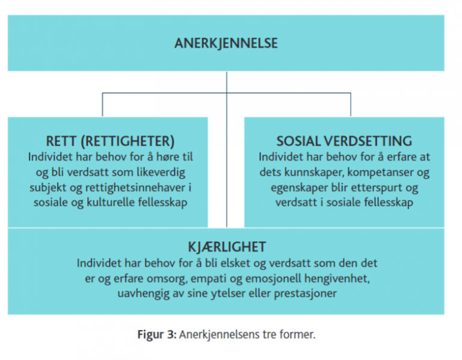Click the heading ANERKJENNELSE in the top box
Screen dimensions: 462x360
click(x=226, y=43)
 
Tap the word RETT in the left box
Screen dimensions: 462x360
click(x=61, y=141)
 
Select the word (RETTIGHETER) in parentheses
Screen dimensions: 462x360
click(x=128, y=141)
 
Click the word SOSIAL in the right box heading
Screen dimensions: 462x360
click(x=298, y=141)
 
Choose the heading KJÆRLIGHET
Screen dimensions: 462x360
click(x=227, y=246)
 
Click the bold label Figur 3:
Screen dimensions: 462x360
click(x=157, y=335)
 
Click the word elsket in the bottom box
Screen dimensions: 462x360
click(x=235, y=262)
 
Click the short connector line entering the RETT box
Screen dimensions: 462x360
click(x=102, y=105)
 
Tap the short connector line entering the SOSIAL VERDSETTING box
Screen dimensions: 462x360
click(x=351, y=105)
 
